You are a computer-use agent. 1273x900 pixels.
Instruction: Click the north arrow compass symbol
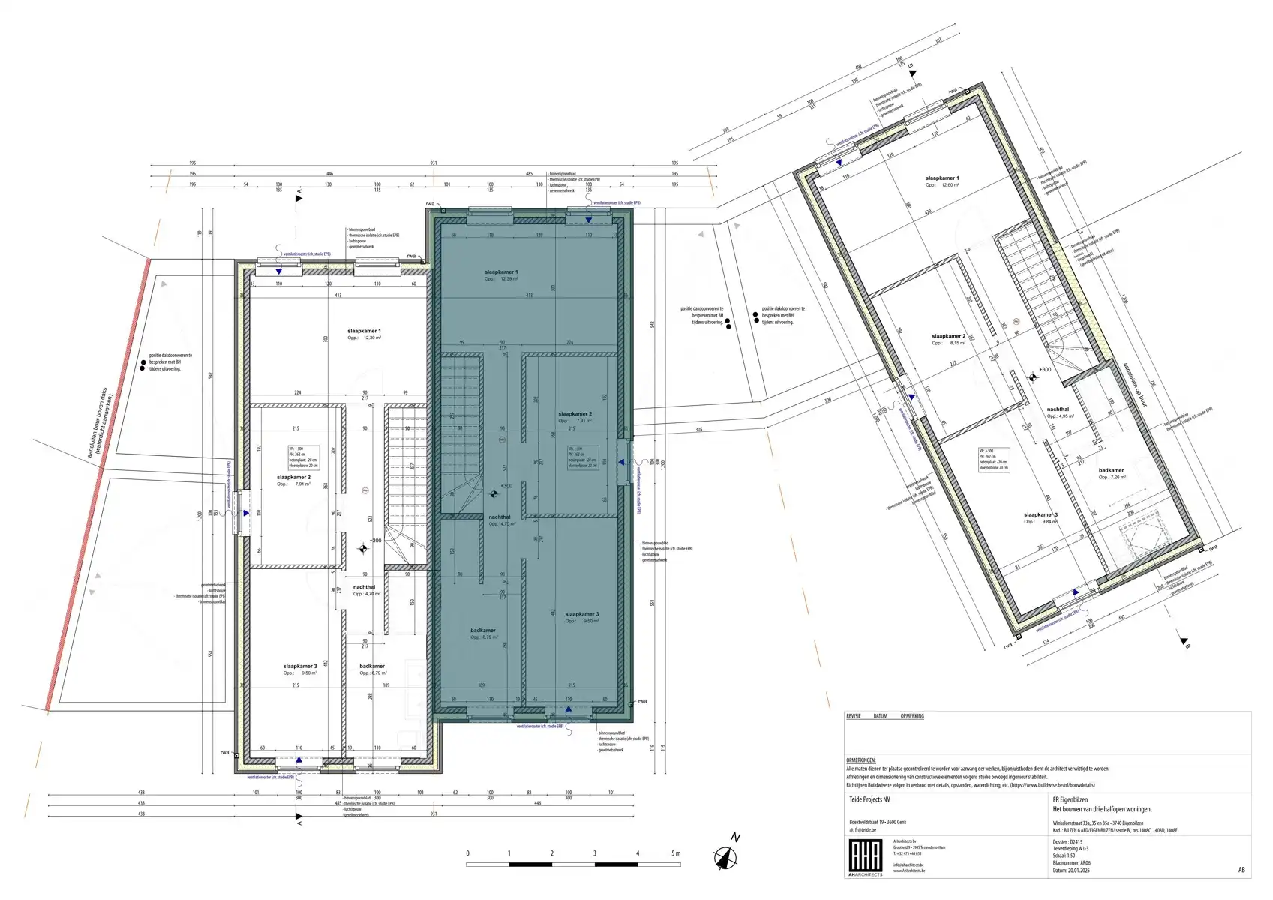pyautogui.click(x=725, y=856)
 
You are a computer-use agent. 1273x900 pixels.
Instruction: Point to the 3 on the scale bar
pyautogui.click(x=595, y=853)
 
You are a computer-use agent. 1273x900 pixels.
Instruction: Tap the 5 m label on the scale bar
pyautogui.click(x=676, y=853)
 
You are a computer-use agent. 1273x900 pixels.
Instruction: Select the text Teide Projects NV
pyautogui.click(x=869, y=800)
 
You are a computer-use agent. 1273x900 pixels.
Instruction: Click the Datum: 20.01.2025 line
pyautogui.click(x=1071, y=871)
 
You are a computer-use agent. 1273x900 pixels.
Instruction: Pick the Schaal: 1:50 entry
pyautogui.click(x=1064, y=856)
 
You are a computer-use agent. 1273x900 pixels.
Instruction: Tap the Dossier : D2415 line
pyautogui.click(x=1067, y=842)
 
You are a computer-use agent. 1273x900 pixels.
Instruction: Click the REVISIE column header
pyautogui.click(x=854, y=716)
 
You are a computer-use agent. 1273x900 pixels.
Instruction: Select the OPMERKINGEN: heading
pyautogui.click(x=860, y=760)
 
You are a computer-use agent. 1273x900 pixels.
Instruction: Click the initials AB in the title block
pyautogui.click(x=1241, y=870)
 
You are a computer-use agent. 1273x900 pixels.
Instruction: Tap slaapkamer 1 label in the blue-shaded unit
pyautogui.click(x=501, y=272)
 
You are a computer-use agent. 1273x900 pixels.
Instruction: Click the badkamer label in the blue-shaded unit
pyautogui.click(x=483, y=631)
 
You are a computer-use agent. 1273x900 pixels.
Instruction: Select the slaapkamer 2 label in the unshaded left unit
pyautogui.click(x=293, y=477)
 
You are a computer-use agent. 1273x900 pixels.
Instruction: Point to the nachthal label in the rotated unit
pyautogui.click(x=1058, y=409)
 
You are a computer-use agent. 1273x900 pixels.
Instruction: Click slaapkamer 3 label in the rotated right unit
pyautogui.click(x=1040, y=515)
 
